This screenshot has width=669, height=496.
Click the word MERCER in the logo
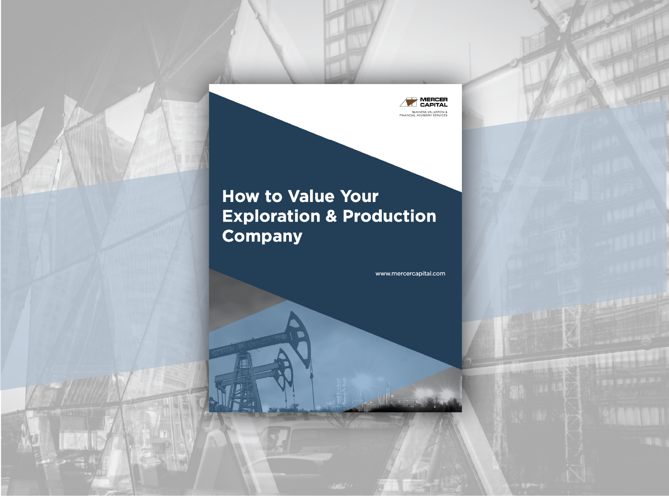pyautogui.click(x=434, y=99)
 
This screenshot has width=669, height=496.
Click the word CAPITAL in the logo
pyautogui.click(x=434, y=105)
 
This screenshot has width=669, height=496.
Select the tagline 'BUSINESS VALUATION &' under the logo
pyautogui.click(x=429, y=112)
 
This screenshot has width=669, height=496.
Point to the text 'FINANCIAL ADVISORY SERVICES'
pyautogui.click(x=423, y=115)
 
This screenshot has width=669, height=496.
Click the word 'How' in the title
pyautogui.click(x=240, y=197)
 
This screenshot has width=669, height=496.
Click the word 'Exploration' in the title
pyautogui.click(x=271, y=216)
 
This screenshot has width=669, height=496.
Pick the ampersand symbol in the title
pyautogui.click(x=331, y=216)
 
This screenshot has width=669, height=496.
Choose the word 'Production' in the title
pyautogui.click(x=389, y=216)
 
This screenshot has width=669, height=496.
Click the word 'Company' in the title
pyautogui.click(x=262, y=237)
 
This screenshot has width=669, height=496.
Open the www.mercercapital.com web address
pyautogui.click(x=410, y=274)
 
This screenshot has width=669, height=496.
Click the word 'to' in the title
pyautogui.click(x=273, y=197)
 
